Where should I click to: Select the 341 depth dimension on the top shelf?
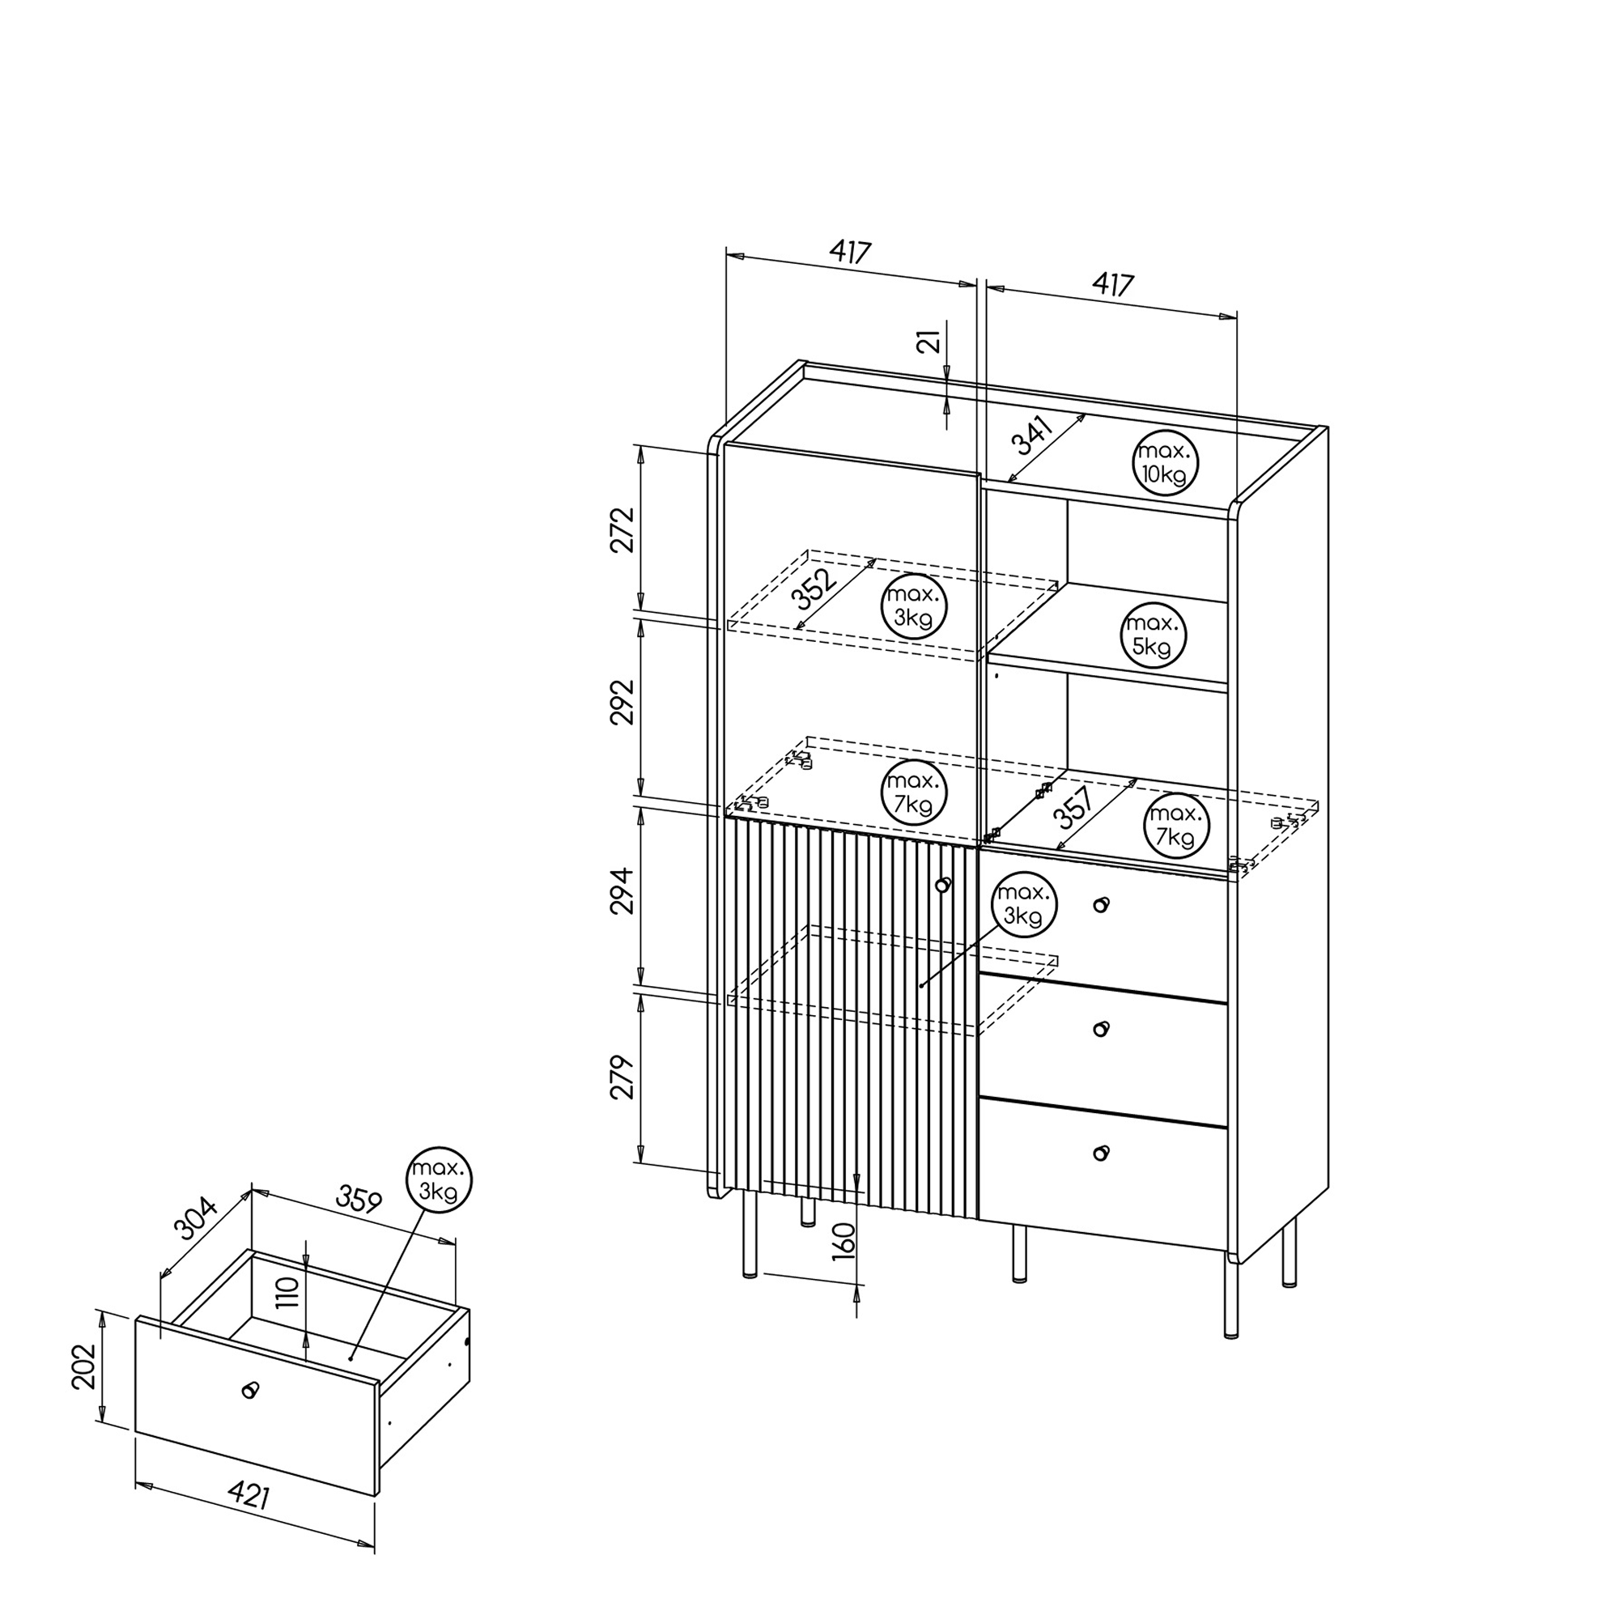(1032, 435)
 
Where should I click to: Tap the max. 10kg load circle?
(1165, 463)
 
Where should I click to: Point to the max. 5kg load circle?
(1153, 635)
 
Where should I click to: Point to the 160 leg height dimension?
(843, 1241)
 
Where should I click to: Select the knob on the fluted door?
(944, 884)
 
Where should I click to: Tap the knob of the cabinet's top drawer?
(1101, 905)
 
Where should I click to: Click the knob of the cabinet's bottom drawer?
(1101, 1153)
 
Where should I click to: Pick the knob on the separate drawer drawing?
(249, 1390)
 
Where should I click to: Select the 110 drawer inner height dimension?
(287, 1293)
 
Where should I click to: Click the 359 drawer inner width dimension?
(359, 1199)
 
